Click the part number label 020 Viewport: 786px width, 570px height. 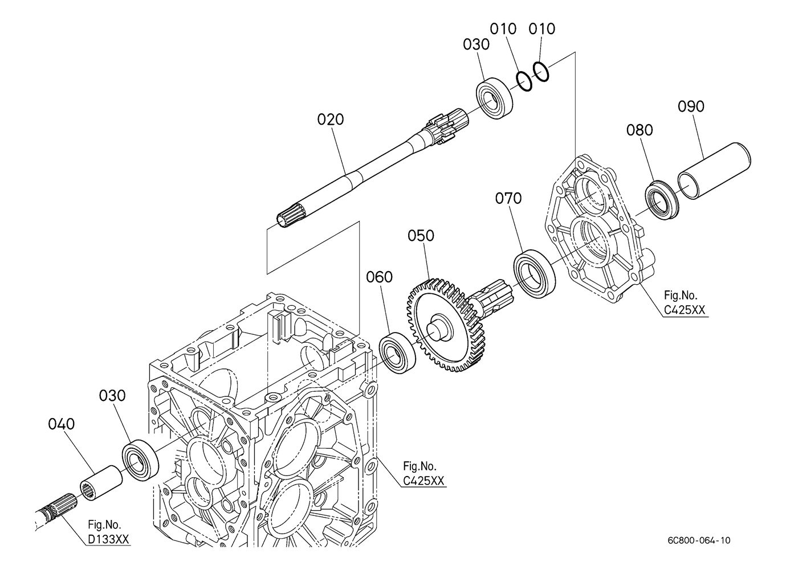click(x=331, y=120)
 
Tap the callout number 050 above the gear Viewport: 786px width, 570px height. click(x=421, y=236)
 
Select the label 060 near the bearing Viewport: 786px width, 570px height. click(x=379, y=277)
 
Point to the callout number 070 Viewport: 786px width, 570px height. click(x=508, y=198)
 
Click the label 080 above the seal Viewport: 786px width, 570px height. click(x=640, y=130)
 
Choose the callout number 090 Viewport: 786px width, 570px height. click(x=691, y=106)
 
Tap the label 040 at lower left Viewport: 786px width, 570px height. click(x=62, y=424)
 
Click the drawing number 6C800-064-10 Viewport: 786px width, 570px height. click(x=699, y=540)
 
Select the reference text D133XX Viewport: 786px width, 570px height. click(x=108, y=539)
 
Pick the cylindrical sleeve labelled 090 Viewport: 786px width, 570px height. click(x=714, y=171)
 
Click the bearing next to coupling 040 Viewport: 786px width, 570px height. click(x=140, y=460)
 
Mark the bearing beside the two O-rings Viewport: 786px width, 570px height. click(x=494, y=99)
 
